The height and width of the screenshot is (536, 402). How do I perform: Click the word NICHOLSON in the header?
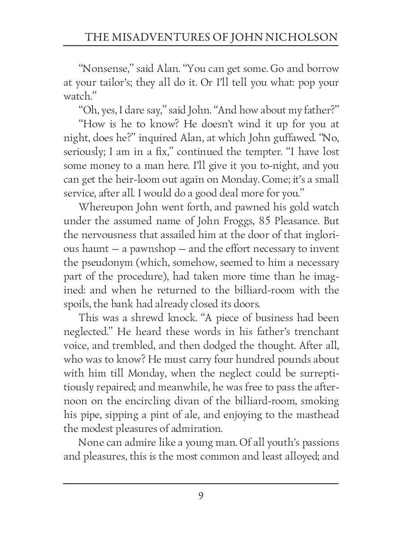302,37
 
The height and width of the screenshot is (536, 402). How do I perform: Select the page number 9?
201,496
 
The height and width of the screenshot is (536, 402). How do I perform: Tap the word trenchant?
316,332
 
